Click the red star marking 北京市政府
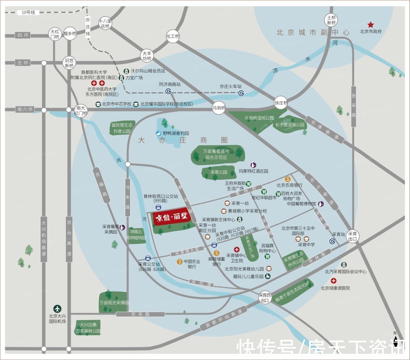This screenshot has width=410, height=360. coord(371,25)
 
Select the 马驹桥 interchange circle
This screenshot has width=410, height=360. coord(219,108)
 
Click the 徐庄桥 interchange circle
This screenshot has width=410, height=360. coord(281,103)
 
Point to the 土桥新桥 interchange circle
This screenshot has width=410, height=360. coord(331,20)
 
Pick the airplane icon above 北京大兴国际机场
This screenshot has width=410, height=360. coord(57,308)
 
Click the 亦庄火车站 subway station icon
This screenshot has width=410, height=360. coord(241,93)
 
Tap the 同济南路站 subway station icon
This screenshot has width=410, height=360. coord(168,91)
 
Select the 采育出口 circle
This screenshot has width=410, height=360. coord(353,236)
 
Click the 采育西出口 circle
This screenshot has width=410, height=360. coord(265,298)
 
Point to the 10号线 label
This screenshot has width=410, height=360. coord(28,13)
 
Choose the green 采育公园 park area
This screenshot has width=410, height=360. coord(218,172)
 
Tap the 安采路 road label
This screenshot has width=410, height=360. coord(140,314)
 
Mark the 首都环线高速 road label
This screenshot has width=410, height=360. coord(224,319)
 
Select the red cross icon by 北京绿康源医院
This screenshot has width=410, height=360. coord(333,281)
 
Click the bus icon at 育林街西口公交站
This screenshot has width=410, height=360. coord(158,208)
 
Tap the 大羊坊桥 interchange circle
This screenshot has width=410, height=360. coord(147,56)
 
